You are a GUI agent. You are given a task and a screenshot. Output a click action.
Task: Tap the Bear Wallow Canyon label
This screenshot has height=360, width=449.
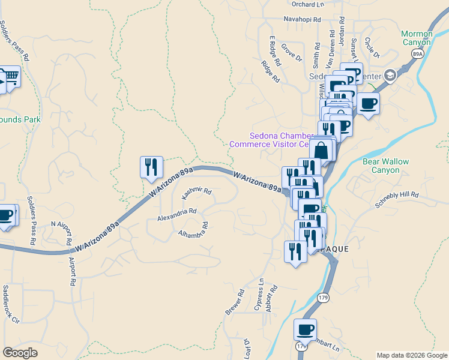point(381,166)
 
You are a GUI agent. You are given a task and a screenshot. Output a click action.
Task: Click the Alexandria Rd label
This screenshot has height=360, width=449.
point(177,212)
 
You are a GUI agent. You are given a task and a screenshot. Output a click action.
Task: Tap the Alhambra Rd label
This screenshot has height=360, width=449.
point(193,229)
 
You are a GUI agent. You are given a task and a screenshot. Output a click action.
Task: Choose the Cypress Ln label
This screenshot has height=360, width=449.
point(260,298)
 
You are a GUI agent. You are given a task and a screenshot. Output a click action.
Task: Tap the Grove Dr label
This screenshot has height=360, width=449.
point(291,52)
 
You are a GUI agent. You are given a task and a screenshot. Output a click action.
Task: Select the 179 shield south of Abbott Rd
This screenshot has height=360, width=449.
point(323,298)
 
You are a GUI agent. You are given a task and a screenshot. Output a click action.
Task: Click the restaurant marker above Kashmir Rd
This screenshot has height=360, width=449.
point(149,167)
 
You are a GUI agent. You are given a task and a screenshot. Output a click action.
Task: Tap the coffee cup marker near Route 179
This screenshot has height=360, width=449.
point(305,329)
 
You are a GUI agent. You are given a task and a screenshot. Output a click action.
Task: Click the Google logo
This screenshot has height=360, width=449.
point(20,353)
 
